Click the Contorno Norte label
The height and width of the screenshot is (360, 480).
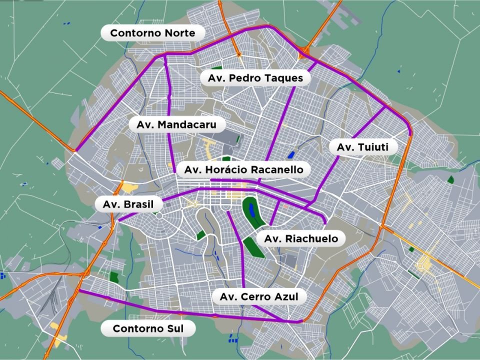pos(153,33)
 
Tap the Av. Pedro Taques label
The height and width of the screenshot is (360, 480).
pos(255,78)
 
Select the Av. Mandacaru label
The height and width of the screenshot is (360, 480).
pos(176,124)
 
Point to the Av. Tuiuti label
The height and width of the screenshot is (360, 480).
pos(363,147)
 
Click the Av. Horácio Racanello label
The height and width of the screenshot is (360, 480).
pos(243,170)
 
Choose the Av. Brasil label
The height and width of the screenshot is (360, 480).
pos(129,204)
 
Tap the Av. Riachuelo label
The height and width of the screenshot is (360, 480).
pos(301,238)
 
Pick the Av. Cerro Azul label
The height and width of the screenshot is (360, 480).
pos(259,297)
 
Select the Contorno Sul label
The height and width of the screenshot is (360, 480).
pos(148,328)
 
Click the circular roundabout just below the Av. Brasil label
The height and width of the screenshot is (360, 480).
pos(158,216)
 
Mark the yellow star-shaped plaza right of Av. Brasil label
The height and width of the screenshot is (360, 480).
pos(192,203)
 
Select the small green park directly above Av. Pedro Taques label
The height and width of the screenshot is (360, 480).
pos(216,68)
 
